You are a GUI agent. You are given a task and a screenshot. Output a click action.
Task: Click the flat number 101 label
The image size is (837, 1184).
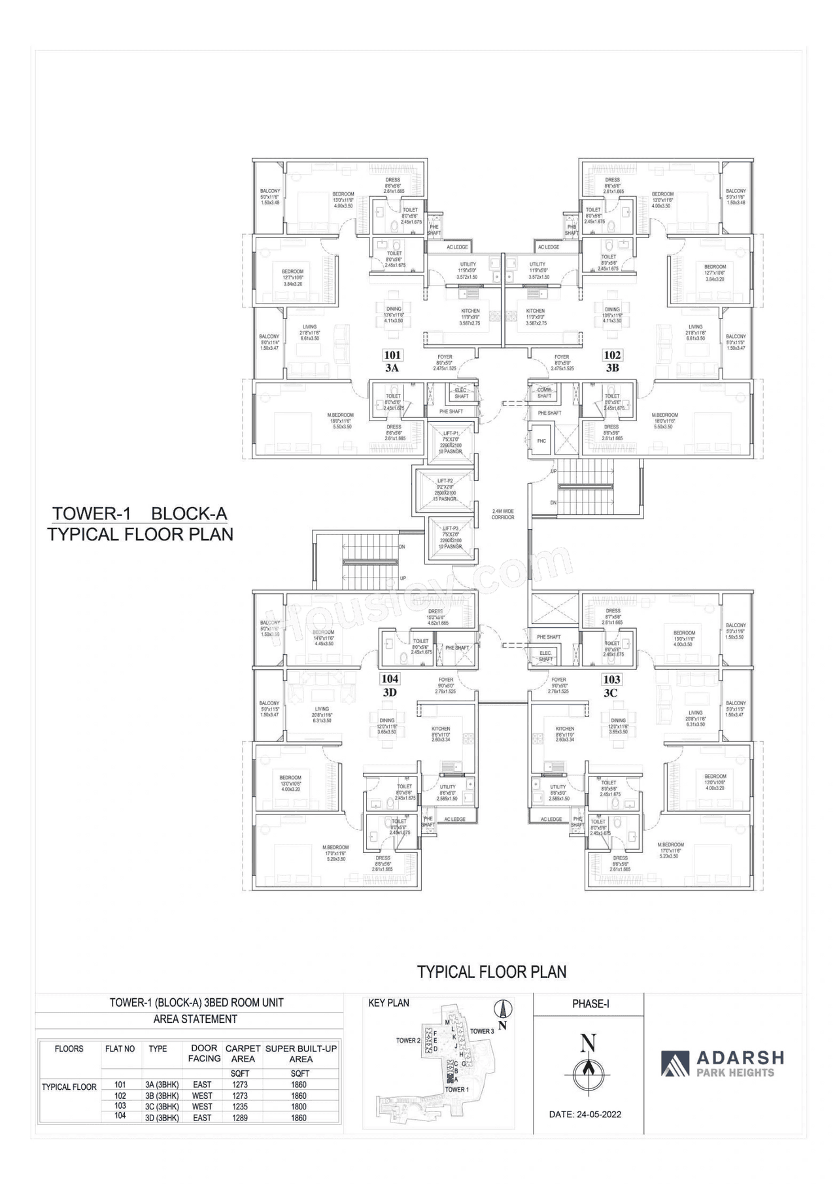(392, 355)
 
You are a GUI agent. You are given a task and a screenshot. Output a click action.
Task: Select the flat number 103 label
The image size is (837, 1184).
(612, 679)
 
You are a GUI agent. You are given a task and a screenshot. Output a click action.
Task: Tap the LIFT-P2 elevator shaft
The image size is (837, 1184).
(445, 490)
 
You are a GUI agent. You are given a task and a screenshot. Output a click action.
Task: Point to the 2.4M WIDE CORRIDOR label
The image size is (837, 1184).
(503, 514)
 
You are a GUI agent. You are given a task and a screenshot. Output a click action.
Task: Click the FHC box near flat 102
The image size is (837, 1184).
(541, 441)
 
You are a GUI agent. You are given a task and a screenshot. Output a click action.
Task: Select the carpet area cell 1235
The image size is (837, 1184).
(241, 1106)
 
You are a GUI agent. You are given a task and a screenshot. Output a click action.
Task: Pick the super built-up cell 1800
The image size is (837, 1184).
(299, 1106)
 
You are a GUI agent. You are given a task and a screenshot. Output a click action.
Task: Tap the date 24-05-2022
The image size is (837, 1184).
(586, 1114)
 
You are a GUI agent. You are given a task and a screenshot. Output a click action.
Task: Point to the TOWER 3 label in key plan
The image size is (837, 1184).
(482, 1031)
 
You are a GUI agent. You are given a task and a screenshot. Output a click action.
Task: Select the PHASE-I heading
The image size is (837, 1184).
(590, 1003)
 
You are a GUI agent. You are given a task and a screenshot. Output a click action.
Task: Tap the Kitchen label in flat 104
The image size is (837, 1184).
(441, 728)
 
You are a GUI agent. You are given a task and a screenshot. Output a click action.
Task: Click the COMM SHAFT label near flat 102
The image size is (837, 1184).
(544, 392)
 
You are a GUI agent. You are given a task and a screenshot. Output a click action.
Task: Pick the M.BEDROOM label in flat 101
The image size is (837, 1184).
(340, 415)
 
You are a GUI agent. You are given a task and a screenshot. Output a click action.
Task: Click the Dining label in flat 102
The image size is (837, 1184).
(612, 309)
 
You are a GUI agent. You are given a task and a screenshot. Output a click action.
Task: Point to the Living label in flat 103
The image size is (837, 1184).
(695, 712)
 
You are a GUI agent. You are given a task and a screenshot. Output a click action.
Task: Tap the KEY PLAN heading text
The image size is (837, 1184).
(388, 1003)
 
